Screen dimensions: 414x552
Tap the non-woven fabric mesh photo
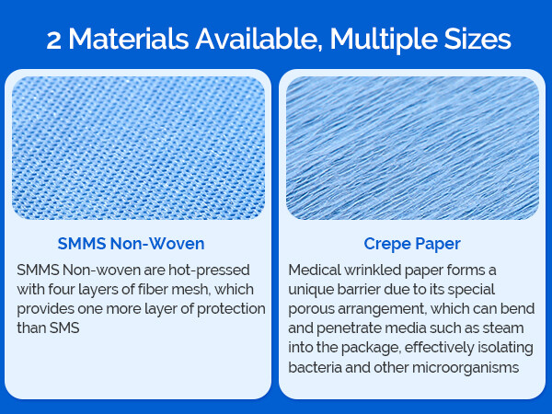click(137, 147)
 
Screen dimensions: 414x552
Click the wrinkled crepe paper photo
click(411, 147)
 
